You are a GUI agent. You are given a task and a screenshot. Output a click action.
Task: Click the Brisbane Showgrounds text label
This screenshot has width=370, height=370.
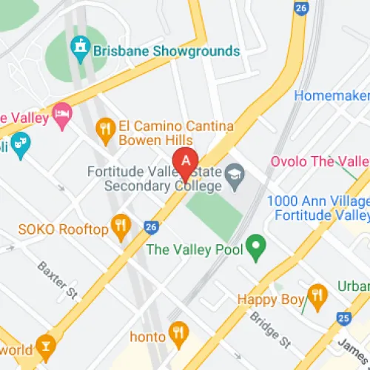(166, 51)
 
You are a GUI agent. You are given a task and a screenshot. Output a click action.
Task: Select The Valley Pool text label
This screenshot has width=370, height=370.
(195, 249)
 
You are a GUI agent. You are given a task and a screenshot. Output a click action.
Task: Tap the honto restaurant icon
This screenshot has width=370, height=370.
(178, 333)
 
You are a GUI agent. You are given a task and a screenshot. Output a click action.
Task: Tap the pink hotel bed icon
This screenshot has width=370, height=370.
(62, 115)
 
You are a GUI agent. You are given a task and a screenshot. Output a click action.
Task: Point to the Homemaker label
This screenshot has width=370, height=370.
(332, 95)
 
